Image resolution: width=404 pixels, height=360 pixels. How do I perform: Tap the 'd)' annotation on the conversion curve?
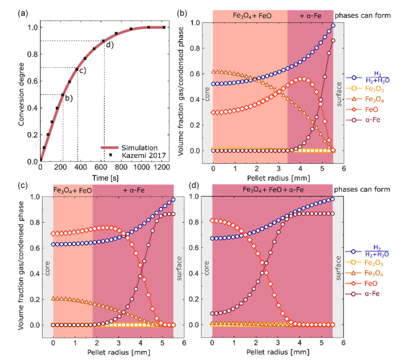109,44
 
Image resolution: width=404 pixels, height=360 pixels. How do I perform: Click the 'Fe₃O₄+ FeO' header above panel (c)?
73,191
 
